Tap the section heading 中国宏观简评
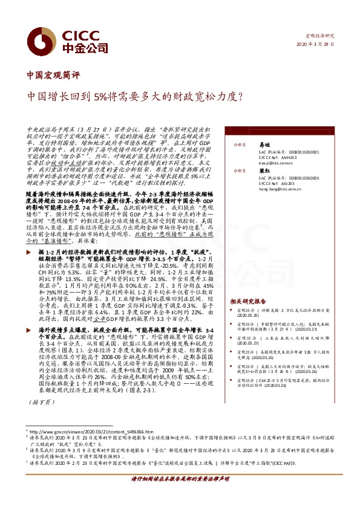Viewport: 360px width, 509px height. coord(54,76)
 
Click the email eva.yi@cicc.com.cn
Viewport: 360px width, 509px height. coord(262,163)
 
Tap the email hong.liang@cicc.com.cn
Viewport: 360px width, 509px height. coord(266,206)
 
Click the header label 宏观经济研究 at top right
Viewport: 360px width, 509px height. coord(321,36)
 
